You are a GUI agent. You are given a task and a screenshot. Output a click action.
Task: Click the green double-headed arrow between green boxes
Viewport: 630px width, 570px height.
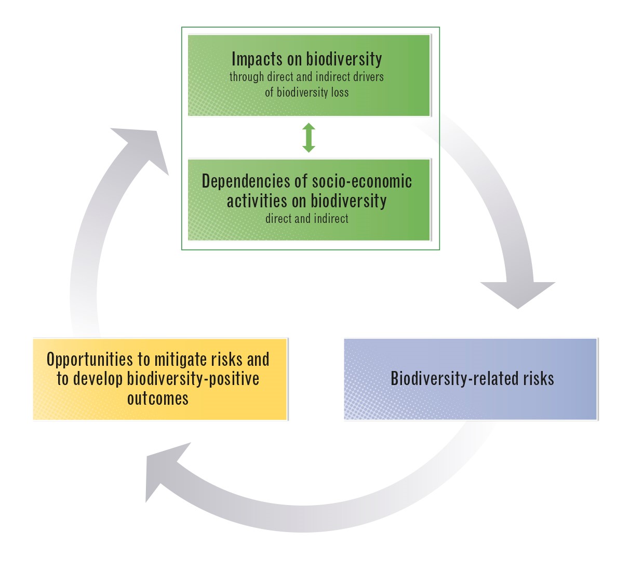[309, 138]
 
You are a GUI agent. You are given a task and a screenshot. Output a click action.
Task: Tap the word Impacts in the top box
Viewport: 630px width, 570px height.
[257, 59]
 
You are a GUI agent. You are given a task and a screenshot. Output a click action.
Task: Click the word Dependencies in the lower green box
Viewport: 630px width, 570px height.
[246, 181]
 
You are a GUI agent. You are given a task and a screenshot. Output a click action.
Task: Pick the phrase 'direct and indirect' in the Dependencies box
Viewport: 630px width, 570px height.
[307, 219]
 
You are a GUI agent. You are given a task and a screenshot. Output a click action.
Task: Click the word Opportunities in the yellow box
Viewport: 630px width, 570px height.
[90, 360]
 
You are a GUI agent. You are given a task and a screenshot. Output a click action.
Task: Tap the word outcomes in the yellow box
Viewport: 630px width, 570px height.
[158, 399]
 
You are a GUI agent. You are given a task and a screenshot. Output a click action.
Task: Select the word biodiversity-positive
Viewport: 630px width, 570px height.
[193, 379]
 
